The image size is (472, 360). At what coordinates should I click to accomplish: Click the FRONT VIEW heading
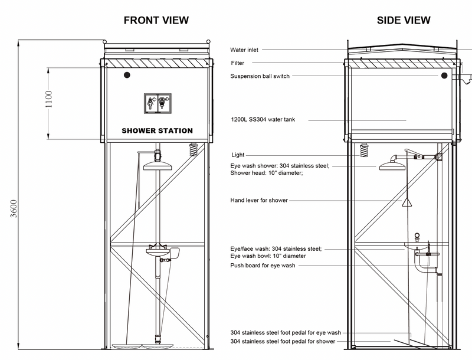pos(156,20)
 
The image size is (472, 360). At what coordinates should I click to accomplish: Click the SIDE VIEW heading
pos(404,20)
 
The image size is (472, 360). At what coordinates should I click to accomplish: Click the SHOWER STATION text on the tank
pos(157,130)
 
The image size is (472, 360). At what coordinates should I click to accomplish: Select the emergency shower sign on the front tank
pos(157,102)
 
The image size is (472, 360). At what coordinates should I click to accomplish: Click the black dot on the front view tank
pos(127,75)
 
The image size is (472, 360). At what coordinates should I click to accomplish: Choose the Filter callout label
pos(237,63)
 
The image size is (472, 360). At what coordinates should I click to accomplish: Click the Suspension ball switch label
pos(260,76)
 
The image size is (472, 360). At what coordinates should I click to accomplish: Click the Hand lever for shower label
pos(259,201)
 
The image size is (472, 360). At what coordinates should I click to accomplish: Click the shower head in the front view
pos(156,165)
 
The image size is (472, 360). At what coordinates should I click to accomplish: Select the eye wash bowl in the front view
pos(158,253)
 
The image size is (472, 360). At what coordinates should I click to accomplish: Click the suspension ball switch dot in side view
pos(443,76)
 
